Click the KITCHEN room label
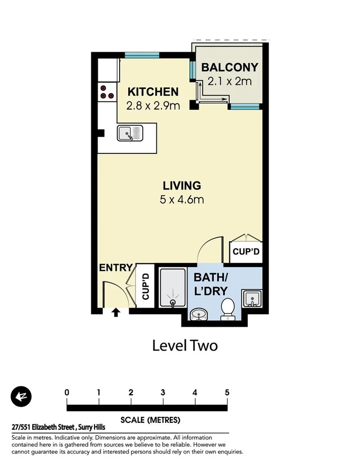[152, 91]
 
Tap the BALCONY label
[229, 67]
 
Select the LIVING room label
[181, 185]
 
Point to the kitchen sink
[130, 133]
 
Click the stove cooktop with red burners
[106, 91]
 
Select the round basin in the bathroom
[200, 315]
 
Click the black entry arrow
[116, 313]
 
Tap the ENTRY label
[116, 268]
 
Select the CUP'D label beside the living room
[246, 251]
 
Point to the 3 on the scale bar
[163, 393]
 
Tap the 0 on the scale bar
[67, 393]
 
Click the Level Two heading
[185, 346]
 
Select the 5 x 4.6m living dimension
[181, 200]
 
